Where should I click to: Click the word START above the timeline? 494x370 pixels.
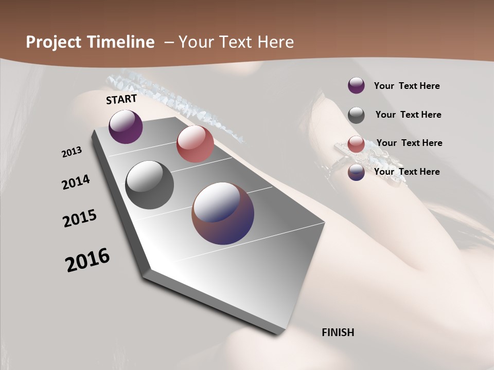121,99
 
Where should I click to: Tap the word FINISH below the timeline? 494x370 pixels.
338,332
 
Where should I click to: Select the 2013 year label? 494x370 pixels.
72,152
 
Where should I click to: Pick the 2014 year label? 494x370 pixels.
76,182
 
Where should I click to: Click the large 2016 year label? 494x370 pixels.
87,260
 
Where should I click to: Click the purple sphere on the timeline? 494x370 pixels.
126,126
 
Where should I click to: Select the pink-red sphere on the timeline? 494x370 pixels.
195,144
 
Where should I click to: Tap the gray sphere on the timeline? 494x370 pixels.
149,185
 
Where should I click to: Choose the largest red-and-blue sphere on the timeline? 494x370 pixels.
223,213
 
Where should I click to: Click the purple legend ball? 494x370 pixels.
356,86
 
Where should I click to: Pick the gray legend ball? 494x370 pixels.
356,115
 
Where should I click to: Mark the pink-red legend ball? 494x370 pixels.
356,144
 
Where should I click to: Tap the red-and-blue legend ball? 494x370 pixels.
356,172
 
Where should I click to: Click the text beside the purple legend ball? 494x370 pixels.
407,86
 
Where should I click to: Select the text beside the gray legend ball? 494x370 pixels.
408,115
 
